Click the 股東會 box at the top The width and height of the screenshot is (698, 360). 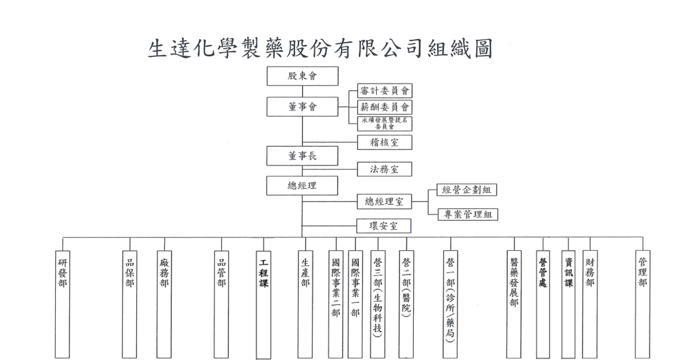pyautogui.click(x=302, y=77)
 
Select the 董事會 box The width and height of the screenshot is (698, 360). pyautogui.click(x=302, y=107)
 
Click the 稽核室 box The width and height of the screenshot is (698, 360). pyautogui.click(x=385, y=142)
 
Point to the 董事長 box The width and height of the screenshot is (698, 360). pyautogui.click(x=302, y=156)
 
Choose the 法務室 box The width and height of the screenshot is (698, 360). pyautogui.click(x=385, y=170)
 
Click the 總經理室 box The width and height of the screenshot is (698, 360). pyautogui.click(x=385, y=202)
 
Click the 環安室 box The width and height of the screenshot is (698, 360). pyautogui.click(x=385, y=226)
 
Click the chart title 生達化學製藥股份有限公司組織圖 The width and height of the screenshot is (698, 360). pyautogui.click(x=320, y=49)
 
